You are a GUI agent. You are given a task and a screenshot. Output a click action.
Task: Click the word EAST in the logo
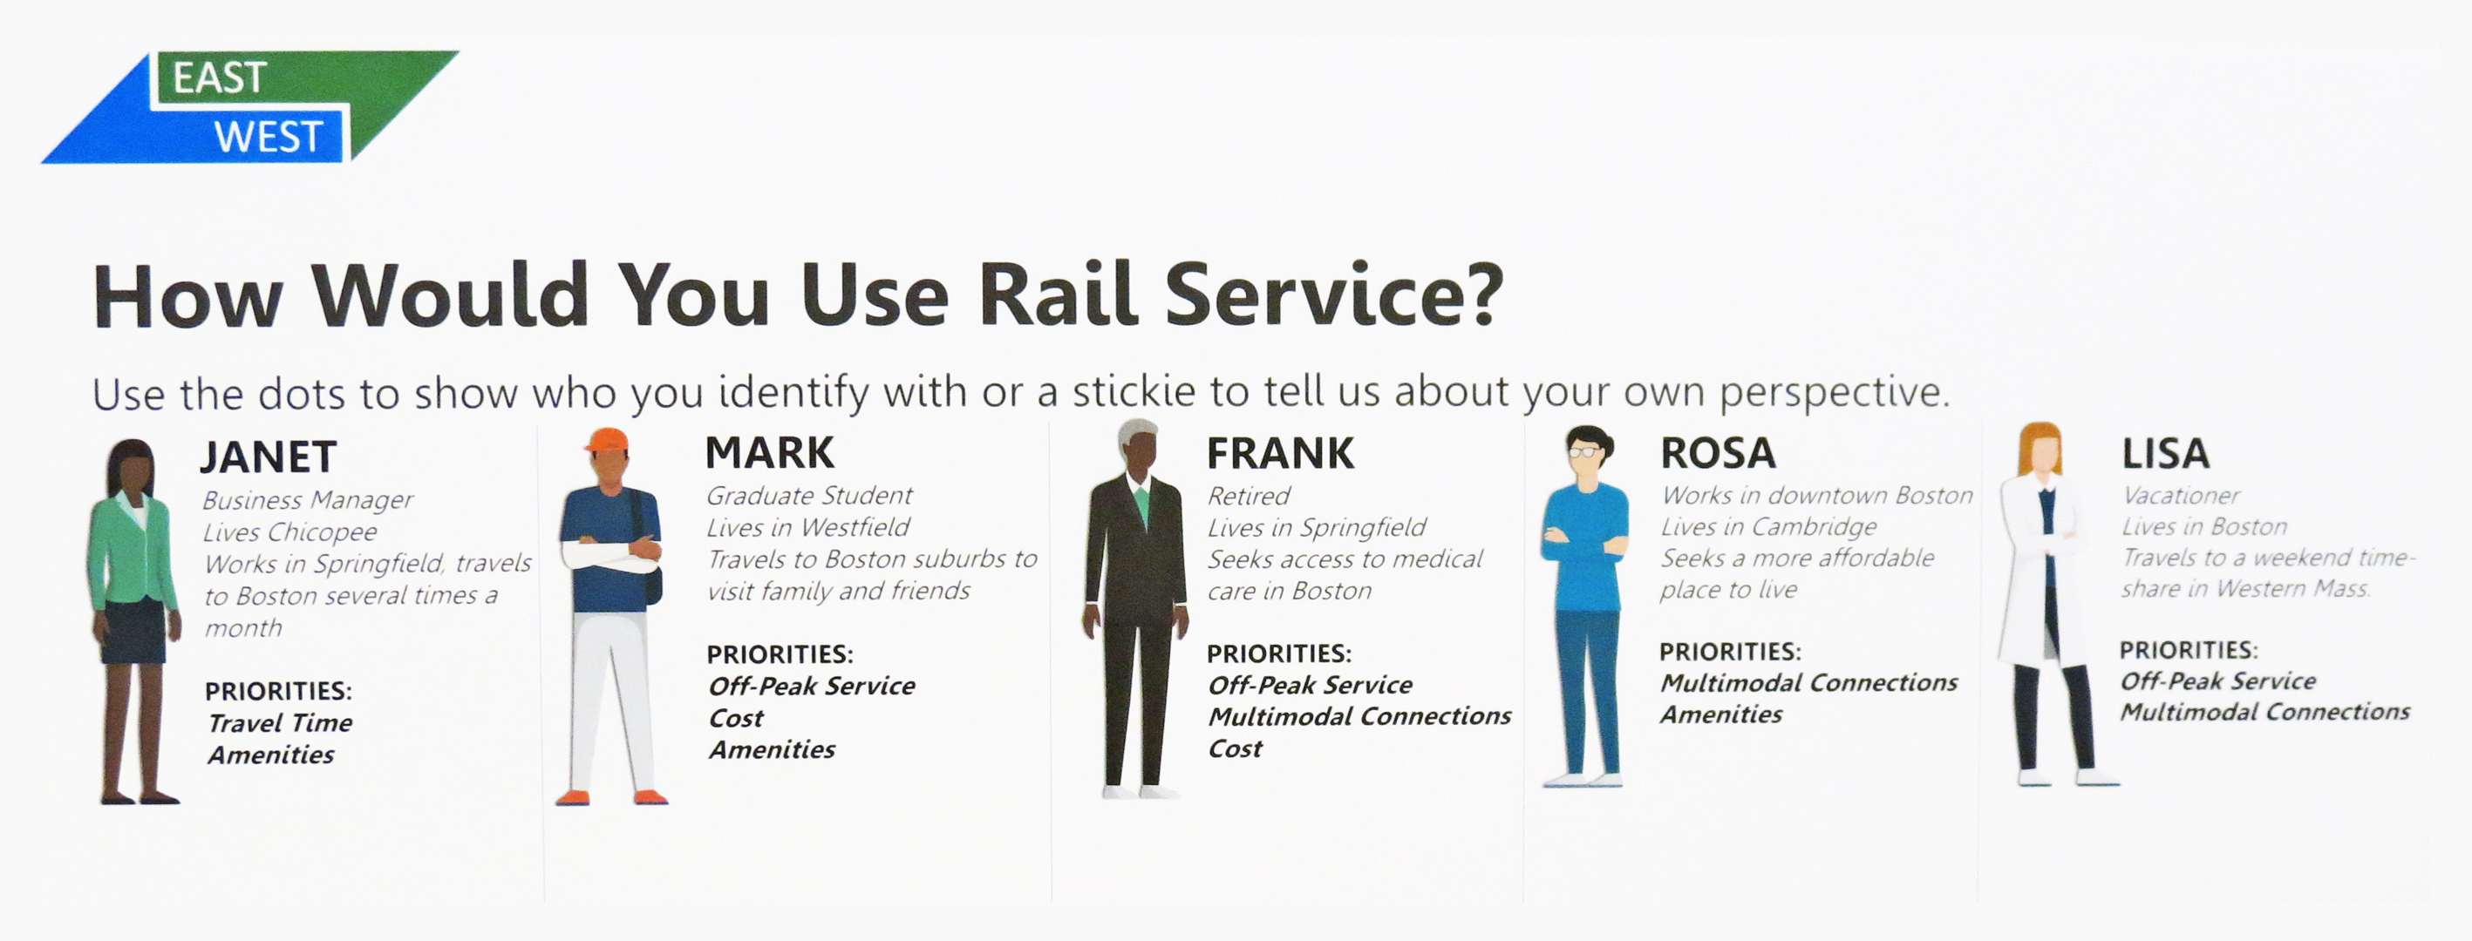[219, 78]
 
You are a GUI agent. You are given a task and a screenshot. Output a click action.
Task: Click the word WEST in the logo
[269, 137]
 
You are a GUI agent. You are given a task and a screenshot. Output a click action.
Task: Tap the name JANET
[269, 457]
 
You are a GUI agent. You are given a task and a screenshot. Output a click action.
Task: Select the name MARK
[770, 453]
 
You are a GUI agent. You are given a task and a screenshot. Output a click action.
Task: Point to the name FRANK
[1280, 454]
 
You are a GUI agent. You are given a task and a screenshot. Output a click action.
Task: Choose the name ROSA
[1718, 453]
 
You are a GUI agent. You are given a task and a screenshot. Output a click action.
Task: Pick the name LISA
[2165, 453]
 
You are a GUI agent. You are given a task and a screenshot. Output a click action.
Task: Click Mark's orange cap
[607, 439]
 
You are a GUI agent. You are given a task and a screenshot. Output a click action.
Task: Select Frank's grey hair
[1138, 433]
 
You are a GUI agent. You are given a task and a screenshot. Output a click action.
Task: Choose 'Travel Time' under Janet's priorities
[280, 722]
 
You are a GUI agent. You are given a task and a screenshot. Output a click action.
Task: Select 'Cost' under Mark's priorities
[736, 717]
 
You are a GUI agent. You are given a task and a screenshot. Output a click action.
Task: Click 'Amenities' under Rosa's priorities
[1721, 714]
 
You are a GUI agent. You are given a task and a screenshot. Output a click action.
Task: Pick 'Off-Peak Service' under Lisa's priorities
[2217, 681]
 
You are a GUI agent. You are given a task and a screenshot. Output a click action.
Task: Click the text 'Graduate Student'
[809, 496]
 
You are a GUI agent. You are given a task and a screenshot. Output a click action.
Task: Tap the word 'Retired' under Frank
[1249, 496]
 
